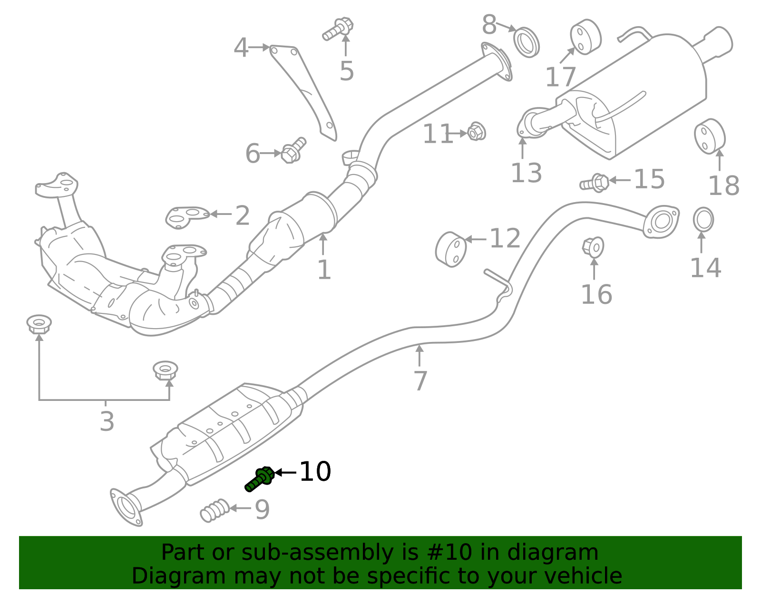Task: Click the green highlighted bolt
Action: pyautogui.click(x=259, y=478)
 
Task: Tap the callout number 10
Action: pyautogui.click(x=315, y=472)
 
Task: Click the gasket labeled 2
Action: pyautogui.click(x=187, y=216)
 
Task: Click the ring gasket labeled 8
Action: pyautogui.click(x=527, y=42)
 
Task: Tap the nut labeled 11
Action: pyautogui.click(x=476, y=131)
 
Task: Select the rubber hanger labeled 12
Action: pyautogui.click(x=450, y=249)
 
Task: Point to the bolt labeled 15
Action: pyautogui.click(x=595, y=183)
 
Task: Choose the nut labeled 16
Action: pyautogui.click(x=593, y=247)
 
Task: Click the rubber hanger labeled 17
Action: pyautogui.click(x=585, y=37)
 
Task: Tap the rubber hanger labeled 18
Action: pyautogui.click(x=710, y=136)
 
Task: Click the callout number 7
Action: pyautogui.click(x=420, y=381)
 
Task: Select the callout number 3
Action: pyautogui.click(x=107, y=421)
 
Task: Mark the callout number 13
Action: pyautogui.click(x=526, y=173)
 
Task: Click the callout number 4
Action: pyautogui.click(x=241, y=48)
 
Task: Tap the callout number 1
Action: pyautogui.click(x=324, y=270)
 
